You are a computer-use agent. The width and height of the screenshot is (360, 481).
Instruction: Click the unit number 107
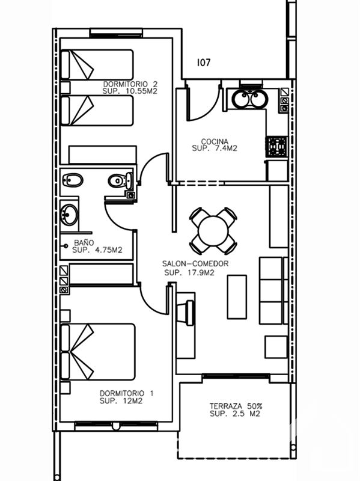tap(204, 63)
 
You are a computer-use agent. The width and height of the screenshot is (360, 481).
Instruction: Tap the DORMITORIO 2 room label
tap(130, 84)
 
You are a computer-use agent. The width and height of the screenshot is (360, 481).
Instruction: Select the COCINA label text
tap(215, 141)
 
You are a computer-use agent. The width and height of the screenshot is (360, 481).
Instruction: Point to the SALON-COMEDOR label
tap(195, 263)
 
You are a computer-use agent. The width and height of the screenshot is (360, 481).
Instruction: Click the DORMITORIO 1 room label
tap(127, 393)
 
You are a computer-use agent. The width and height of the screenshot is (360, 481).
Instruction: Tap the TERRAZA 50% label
tap(236, 406)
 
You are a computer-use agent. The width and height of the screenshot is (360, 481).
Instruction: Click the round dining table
tap(213, 231)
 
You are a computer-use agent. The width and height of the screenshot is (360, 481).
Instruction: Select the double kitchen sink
tap(249, 99)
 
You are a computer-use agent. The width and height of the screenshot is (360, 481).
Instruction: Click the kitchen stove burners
tap(277, 146)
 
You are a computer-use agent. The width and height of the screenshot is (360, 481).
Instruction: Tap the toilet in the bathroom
tap(120, 181)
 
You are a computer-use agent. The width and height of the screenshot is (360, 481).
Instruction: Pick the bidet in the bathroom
tap(73, 180)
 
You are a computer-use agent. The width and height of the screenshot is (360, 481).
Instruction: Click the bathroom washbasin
tap(69, 215)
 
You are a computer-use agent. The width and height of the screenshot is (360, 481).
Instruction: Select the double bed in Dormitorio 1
tap(98, 352)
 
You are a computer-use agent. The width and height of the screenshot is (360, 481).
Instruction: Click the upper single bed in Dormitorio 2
tap(97, 65)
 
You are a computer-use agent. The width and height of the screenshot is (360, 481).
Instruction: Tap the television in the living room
tap(189, 313)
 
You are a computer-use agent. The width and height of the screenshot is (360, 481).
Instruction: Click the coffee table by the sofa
tap(237, 296)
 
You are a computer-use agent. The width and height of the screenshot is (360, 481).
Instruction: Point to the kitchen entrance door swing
tap(203, 101)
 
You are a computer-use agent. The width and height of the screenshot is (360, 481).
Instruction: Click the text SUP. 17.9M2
tap(189, 272)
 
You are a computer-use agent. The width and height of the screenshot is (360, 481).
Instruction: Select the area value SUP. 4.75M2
tap(97, 250)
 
